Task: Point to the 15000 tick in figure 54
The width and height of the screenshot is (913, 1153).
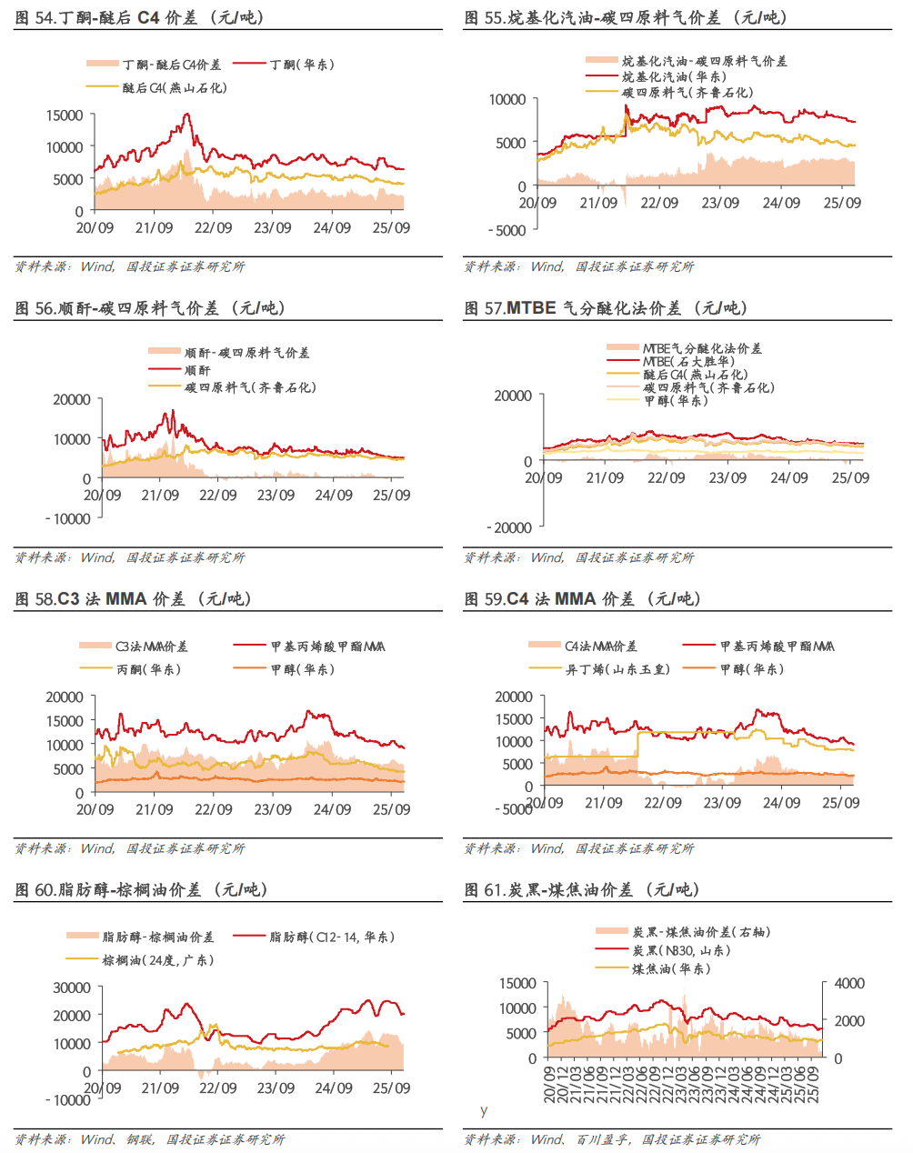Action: tap(65, 115)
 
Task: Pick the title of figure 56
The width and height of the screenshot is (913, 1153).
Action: tap(150, 308)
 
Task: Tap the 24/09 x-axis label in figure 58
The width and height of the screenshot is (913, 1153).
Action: tap(332, 809)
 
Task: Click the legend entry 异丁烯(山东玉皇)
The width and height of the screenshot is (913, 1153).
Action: tap(617, 669)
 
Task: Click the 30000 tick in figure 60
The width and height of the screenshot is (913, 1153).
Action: tap(73, 988)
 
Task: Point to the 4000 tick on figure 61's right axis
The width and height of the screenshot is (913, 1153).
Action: tap(849, 984)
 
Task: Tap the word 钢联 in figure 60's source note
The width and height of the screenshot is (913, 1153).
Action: tap(140, 1139)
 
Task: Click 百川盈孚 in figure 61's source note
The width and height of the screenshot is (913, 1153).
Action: tap(602, 1139)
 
